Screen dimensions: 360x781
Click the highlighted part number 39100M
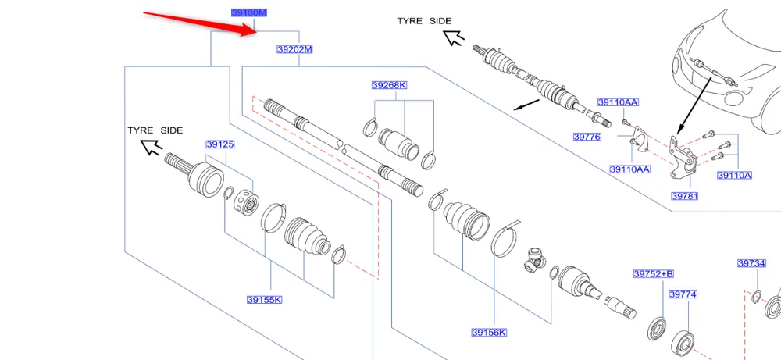[x=249, y=13]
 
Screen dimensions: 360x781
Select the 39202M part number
[x=294, y=49]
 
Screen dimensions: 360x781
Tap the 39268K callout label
[x=389, y=85]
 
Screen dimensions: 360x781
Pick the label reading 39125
[x=220, y=144]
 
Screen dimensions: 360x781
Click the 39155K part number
[x=264, y=299]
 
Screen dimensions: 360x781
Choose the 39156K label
[x=488, y=333]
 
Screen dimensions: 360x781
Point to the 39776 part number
[x=587, y=137]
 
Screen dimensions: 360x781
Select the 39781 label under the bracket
[x=684, y=196]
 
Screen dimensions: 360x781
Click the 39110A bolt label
[x=733, y=175]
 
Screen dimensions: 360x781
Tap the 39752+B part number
[x=653, y=274]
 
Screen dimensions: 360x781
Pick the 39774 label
[x=683, y=294]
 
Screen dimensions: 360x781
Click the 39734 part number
[x=751, y=263]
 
